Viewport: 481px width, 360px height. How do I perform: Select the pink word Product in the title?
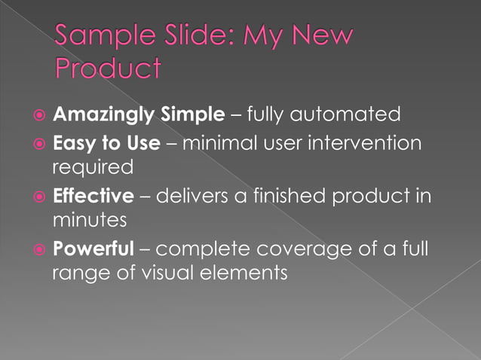click(108, 69)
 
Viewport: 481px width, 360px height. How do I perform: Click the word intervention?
click(368, 142)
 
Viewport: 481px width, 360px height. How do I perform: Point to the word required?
click(92, 167)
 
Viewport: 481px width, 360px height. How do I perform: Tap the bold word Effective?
click(93, 196)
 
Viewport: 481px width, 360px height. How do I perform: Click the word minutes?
click(89, 220)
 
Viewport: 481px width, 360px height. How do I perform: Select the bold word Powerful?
click(92, 249)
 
